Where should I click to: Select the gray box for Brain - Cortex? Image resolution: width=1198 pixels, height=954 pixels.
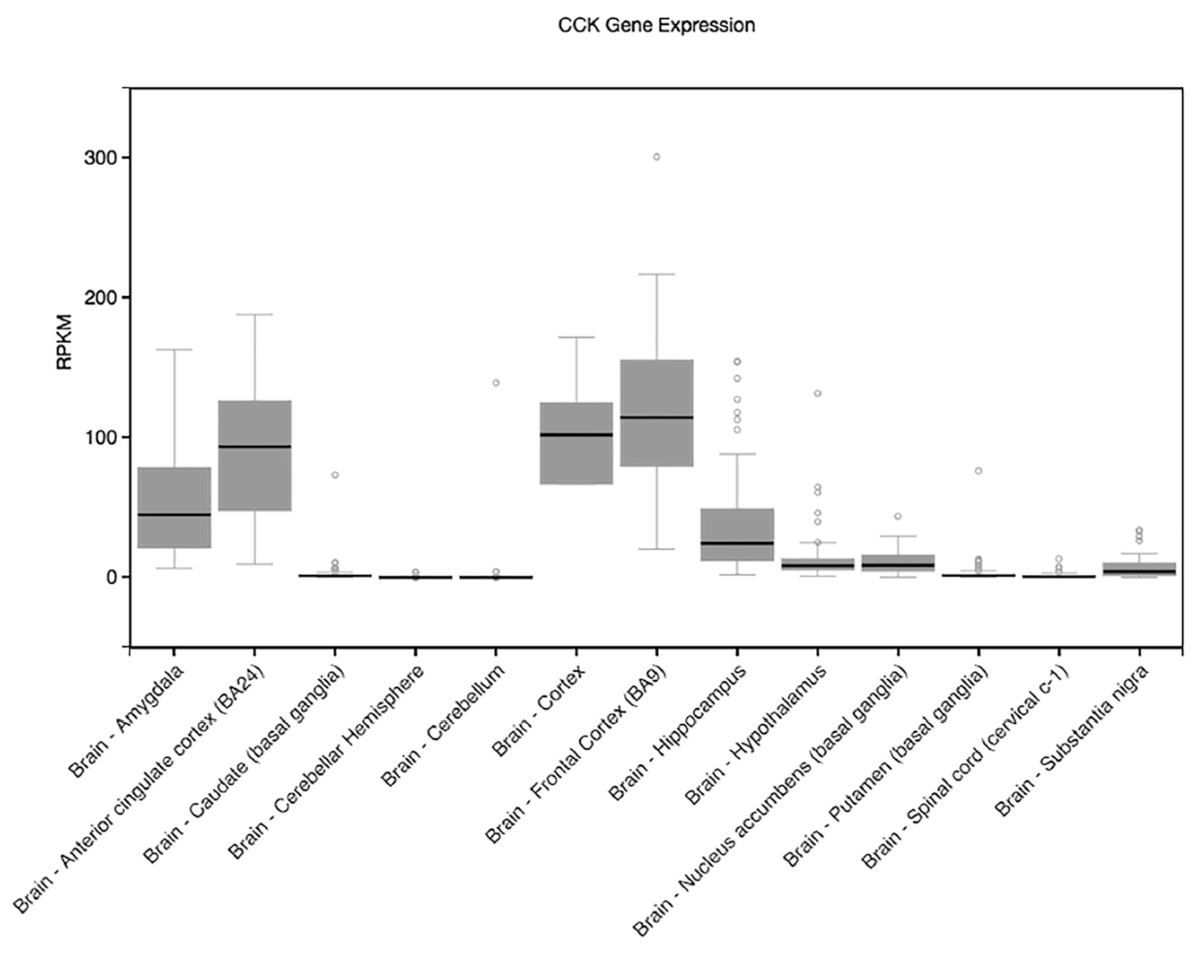576,461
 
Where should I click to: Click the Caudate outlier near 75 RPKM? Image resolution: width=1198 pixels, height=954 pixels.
335,475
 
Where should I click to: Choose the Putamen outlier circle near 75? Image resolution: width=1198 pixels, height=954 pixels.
978,471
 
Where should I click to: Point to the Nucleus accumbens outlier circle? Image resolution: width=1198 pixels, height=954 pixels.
898,516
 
